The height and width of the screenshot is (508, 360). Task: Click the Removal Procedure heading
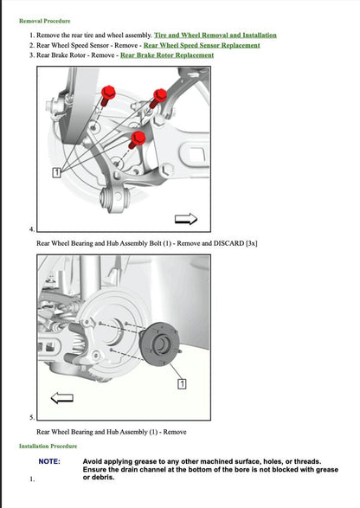click(45, 20)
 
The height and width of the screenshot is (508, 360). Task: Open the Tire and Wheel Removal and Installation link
click(215, 35)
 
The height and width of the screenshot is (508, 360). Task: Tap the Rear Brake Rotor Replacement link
click(167, 55)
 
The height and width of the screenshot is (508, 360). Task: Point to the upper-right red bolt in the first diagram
click(158, 96)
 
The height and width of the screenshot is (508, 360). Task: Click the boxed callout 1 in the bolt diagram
click(56, 173)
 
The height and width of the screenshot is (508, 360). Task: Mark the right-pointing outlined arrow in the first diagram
click(185, 219)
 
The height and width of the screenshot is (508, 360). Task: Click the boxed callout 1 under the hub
click(183, 383)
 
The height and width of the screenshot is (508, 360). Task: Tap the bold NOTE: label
click(48, 461)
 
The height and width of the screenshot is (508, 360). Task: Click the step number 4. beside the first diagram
click(32, 229)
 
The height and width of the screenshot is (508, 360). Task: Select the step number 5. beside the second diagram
click(32, 417)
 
